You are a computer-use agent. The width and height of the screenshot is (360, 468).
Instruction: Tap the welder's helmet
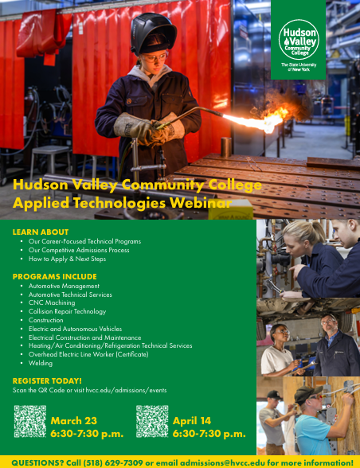pos(153,33)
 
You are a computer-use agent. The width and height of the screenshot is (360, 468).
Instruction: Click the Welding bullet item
pos(41,363)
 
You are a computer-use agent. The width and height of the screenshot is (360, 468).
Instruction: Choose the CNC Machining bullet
pos(52,302)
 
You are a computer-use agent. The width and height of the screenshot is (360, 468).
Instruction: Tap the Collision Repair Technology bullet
pos(67,311)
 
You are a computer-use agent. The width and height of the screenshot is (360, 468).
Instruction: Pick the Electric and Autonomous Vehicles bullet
pos(75,329)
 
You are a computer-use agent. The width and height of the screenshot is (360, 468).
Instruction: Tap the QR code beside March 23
pos(29,422)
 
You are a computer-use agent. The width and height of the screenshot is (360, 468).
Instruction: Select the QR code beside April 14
pos(151,422)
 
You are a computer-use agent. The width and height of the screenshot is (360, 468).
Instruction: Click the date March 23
pos(73,420)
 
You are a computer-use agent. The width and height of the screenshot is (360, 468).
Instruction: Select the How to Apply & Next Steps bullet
pos(67,259)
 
